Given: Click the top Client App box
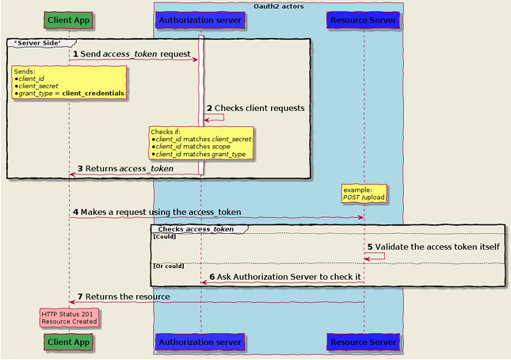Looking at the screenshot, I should tap(68, 19).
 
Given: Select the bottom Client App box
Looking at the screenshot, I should tap(68, 342).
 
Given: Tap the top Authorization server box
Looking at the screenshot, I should tap(200, 19).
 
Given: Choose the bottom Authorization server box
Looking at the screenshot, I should tap(200, 342).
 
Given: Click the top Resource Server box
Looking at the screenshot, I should tap(363, 19).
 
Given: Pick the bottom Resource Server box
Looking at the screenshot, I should tap(363, 342).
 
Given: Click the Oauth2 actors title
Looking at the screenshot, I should tap(278, 6).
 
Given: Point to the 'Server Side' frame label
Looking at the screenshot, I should tap(37, 41).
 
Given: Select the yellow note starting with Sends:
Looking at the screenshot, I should tap(69, 82).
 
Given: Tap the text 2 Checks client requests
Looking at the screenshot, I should tap(255, 108).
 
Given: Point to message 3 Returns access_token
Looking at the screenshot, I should tap(125, 169).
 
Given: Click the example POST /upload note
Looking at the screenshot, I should tap(364, 193).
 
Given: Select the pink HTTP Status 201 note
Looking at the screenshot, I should tap(69, 318).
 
